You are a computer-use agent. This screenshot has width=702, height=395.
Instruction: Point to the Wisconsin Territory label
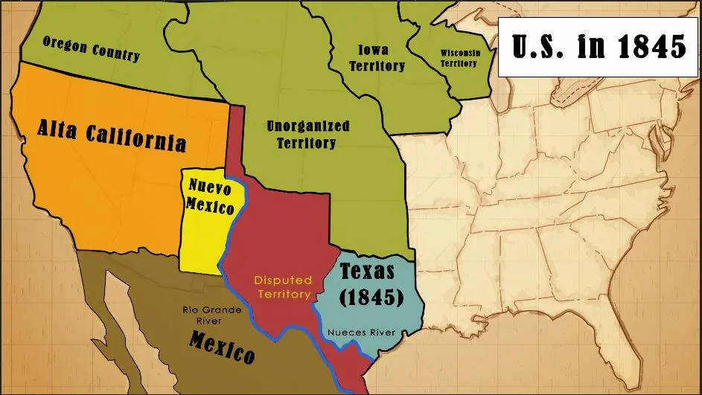[x=459, y=58]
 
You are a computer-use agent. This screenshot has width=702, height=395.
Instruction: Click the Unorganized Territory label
[x=307, y=134]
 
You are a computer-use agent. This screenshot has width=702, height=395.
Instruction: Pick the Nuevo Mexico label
[x=211, y=196]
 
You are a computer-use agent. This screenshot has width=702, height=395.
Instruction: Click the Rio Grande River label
[x=211, y=315]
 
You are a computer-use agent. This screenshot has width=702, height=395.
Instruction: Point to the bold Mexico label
[x=222, y=347]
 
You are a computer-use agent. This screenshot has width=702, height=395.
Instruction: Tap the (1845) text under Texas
[x=371, y=298]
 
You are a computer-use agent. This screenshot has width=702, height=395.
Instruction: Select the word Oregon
[x=66, y=45]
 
